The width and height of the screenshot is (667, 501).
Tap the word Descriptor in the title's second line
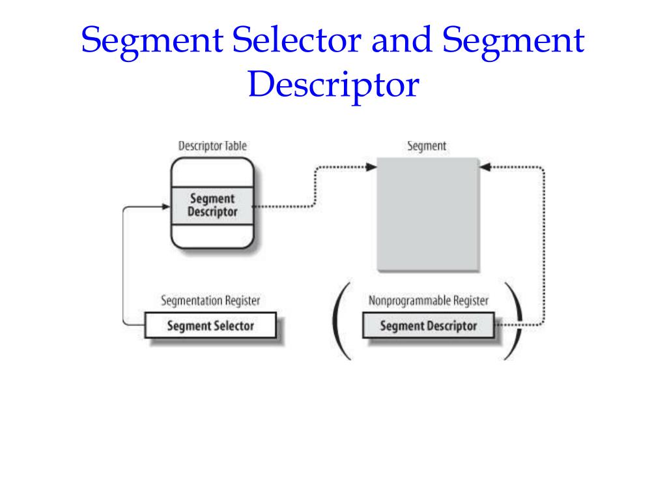tap(333, 85)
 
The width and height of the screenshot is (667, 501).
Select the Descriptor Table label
tap(212, 146)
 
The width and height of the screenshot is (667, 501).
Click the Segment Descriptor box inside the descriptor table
tap(212, 205)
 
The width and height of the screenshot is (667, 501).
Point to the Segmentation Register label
tap(210, 301)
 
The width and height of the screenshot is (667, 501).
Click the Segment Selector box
tap(210, 326)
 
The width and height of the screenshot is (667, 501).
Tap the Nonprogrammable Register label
tap(428, 301)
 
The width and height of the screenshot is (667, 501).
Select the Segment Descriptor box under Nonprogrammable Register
tap(428, 326)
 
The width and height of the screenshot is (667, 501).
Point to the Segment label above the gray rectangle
tap(427, 146)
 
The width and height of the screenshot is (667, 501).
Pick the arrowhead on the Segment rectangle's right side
tap(485, 167)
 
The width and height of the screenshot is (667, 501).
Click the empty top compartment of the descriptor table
tap(212, 172)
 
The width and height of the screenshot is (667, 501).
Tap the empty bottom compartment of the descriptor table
tap(212, 237)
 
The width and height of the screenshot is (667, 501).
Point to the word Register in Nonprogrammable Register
tap(469, 301)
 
